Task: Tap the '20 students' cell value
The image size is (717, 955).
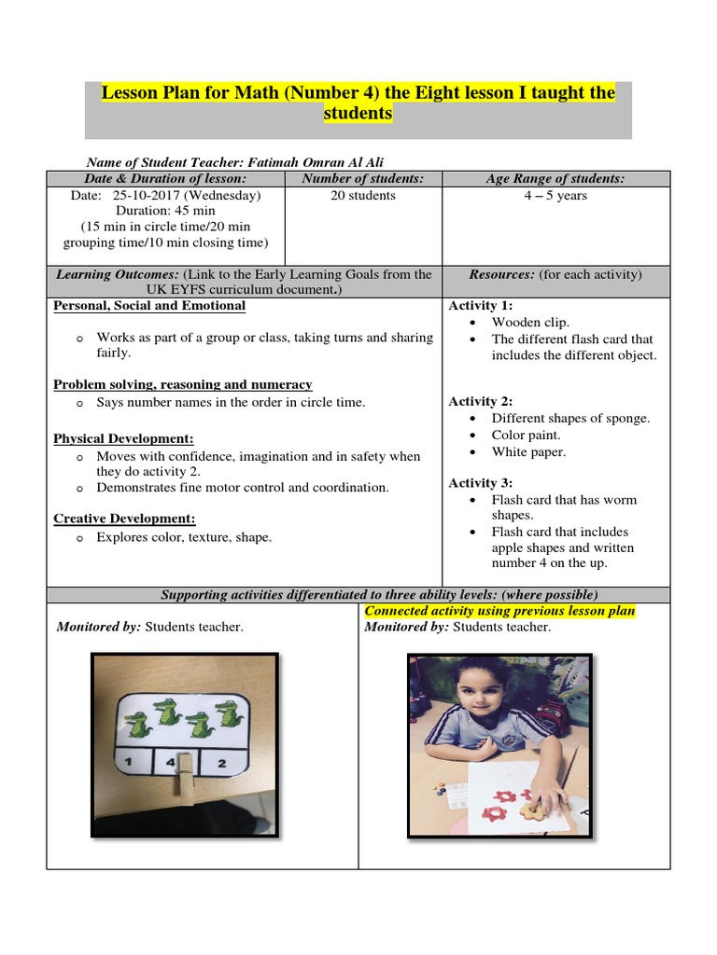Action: (x=363, y=196)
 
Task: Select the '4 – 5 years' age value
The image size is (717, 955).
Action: (x=555, y=196)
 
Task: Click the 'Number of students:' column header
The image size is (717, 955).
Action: (x=363, y=179)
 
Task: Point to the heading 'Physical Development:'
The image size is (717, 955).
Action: (x=123, y=438)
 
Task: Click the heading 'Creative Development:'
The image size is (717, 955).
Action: (x=124, y=519)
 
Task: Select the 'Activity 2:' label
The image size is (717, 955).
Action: (x=481, y=401)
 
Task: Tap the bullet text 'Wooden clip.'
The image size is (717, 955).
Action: (x=530, y=323)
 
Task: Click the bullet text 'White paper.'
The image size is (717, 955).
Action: (x=528, y=452)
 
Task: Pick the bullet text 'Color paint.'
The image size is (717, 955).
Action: (x=527, y=436)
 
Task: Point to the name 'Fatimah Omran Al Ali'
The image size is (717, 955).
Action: (x=318, y=162)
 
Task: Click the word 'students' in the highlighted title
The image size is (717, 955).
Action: (x=358, y=114)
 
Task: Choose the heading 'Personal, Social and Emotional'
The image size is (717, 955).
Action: (x=149, y=306)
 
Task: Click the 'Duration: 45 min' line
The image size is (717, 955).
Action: (x=165, y=212)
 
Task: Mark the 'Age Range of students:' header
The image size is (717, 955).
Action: (x=555, y=179)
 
